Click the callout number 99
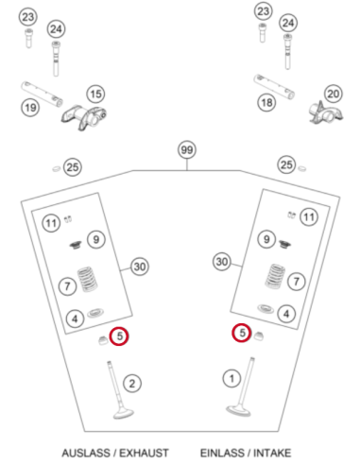pos(187,149)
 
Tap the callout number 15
pos(95,94)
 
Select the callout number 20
pos(334,94)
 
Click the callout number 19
pos(30,108)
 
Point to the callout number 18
pos(266,102)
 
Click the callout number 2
pos(132,384)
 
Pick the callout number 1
pos(231,378)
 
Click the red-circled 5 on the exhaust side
pos(119,336)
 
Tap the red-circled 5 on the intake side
pos(242,333)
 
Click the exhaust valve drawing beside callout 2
pos(117,390)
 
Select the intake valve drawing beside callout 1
pos(243,387)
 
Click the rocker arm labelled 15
pos(84,117)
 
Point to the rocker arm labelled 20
pos(325,113)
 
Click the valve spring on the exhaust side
pos(87,280)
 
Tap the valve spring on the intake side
pos(275,276)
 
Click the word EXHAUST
pos(144,453)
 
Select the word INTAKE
pos(272,453)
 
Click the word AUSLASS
pos(87,453)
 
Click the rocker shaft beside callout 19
pos(42,94)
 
